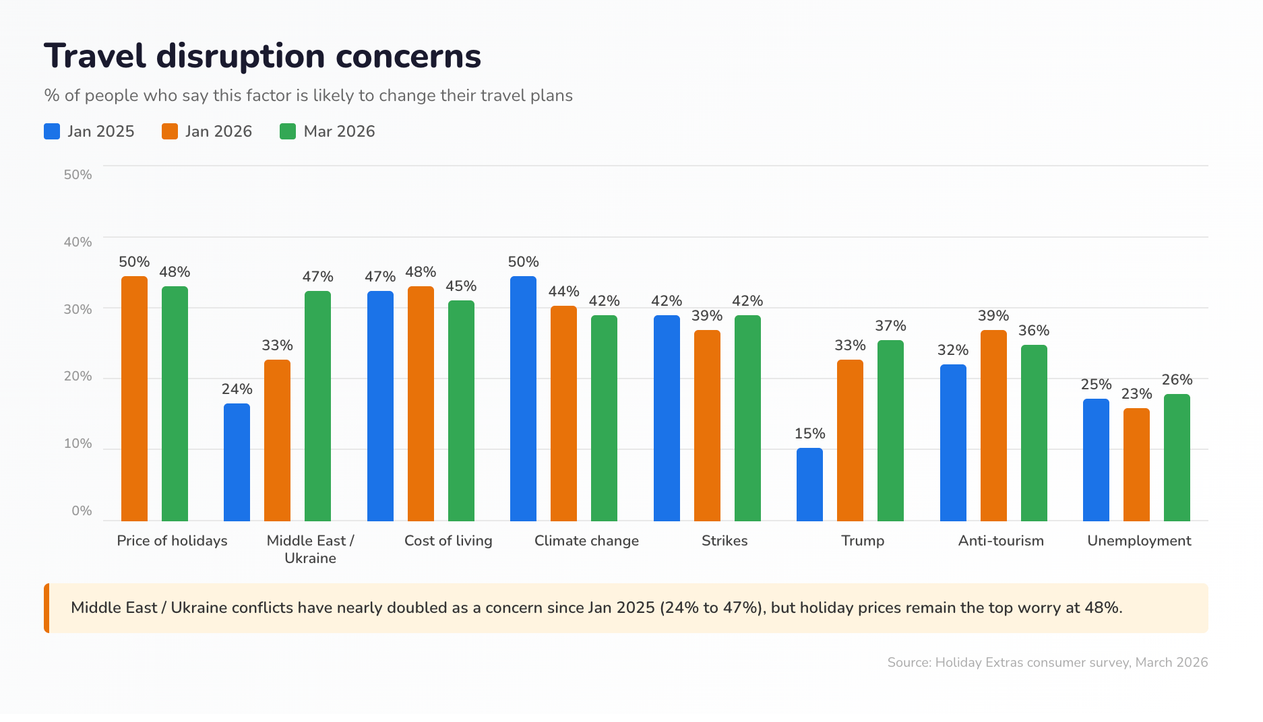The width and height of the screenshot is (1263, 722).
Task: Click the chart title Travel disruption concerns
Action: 262,56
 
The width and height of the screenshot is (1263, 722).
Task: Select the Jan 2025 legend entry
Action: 89,131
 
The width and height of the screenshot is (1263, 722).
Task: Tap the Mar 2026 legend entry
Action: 328,131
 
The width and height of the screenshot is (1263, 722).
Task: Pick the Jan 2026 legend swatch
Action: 170,131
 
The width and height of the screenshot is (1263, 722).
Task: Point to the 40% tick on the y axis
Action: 78,242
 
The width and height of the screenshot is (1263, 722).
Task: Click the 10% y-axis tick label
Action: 78,443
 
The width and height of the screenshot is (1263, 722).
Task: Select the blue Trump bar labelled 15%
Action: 809,484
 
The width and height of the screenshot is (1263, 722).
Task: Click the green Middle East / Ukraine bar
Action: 317,406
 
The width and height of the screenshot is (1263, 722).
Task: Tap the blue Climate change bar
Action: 523,399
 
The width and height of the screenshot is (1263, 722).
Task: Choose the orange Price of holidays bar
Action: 134,399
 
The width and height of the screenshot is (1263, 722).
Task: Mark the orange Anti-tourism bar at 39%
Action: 993,425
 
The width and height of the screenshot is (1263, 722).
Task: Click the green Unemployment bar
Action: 1177,457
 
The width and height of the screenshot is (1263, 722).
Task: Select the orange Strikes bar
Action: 707,425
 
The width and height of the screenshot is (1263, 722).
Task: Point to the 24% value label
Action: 237,389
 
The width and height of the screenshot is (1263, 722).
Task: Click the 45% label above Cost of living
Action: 461,286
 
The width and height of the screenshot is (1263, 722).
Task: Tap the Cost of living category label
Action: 448,541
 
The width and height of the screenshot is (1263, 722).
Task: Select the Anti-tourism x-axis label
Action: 1001,541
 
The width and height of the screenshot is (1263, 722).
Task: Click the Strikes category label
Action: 725,541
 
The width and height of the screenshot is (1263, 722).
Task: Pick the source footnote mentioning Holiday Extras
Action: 1047,662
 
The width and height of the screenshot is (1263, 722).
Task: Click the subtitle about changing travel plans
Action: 308,96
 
